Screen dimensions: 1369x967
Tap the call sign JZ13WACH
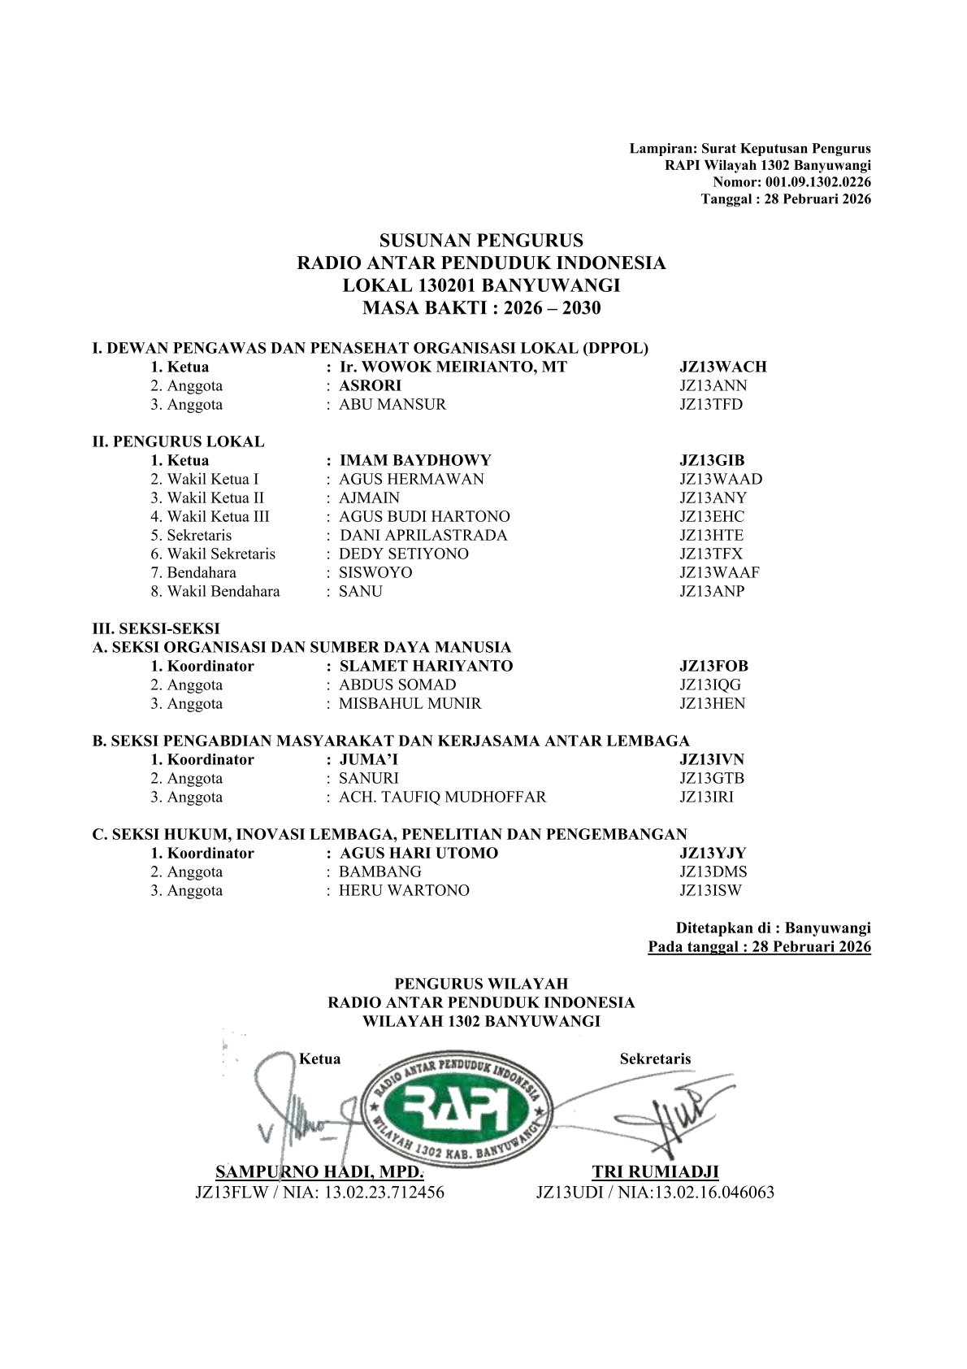[x=722, y=367]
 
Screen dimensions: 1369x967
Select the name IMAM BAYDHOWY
[x=414, y=460]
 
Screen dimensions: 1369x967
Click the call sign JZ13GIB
[x=712, y=460]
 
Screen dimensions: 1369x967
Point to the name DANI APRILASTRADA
[x=423, y=535]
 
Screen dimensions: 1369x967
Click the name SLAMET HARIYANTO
[x=426, y=666]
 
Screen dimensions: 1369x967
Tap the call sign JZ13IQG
[x=710, y=684]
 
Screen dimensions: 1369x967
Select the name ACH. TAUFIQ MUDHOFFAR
[x=442, y=797]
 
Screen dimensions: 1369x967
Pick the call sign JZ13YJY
[x=713, y=853]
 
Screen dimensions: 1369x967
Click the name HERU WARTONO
[x=404, y=890]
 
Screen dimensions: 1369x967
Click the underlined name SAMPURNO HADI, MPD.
[x=319, y=1171]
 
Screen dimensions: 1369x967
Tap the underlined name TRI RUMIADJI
[x=655, y=1171]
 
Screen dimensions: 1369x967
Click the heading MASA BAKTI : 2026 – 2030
[x=482, y=308]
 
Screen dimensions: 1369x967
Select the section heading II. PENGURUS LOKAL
[x=178, y=441]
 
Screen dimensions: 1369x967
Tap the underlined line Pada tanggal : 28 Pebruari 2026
[x=759, y=946]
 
